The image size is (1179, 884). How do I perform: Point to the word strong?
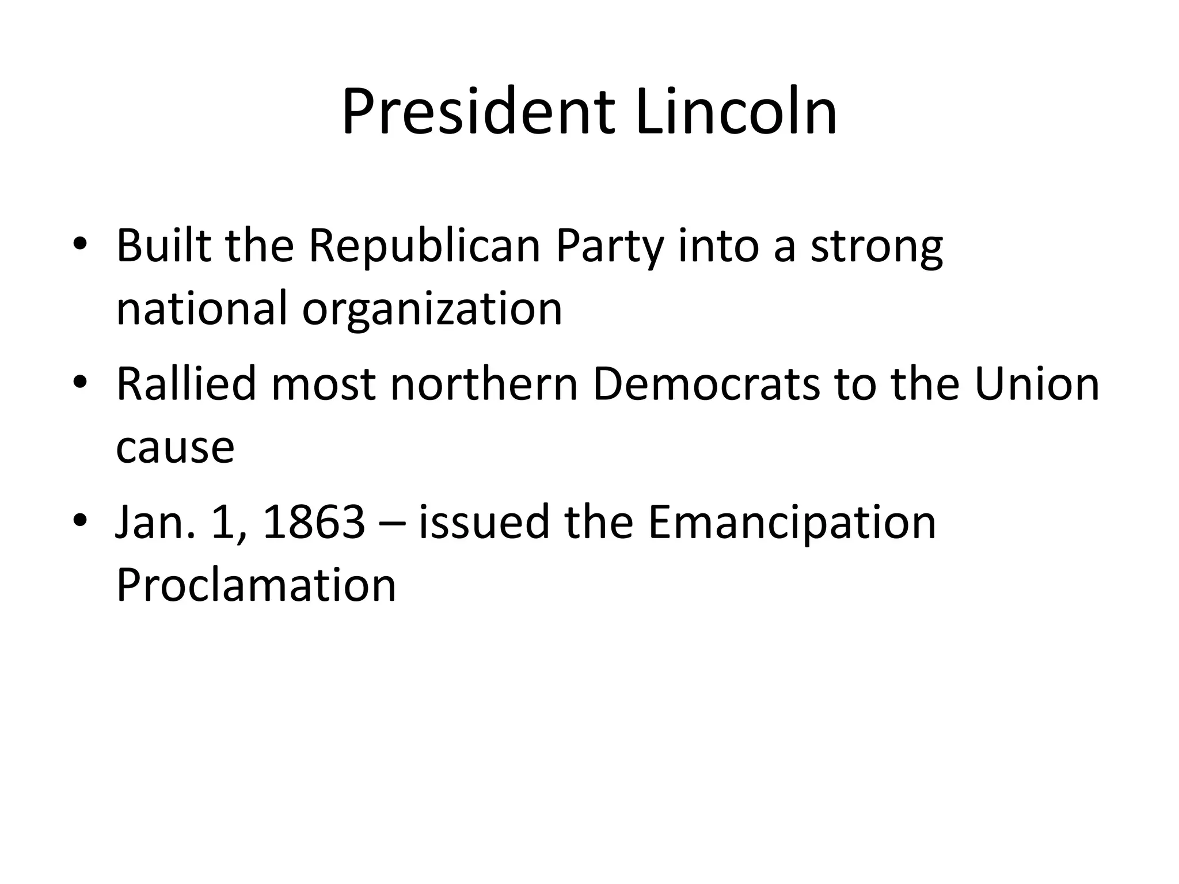[x=877, y=247]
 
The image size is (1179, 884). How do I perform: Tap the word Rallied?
[x=186, y=384]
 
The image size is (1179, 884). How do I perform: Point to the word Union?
[x=1037, y=384]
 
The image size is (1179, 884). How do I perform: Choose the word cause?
[x=175, y=448]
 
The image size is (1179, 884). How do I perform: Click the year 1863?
[x=314, y=523]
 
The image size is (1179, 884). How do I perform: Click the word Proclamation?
[x=256, y=585]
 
